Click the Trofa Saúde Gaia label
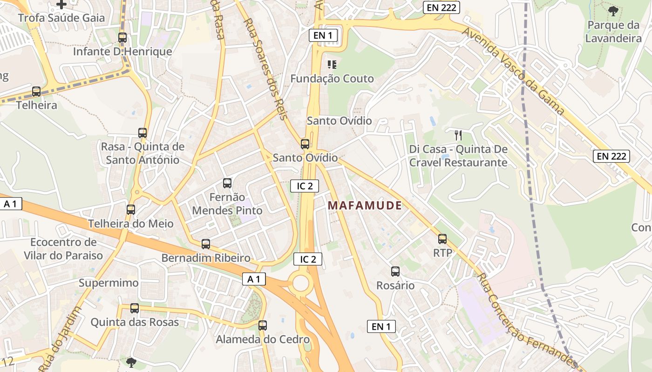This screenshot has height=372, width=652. (61, 18)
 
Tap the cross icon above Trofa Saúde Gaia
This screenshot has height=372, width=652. (61, 5)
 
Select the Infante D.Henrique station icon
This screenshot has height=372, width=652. (122, 38)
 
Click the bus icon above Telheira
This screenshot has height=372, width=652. (36, 92)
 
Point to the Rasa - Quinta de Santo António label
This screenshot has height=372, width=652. (143, 153)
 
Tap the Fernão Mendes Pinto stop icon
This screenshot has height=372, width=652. (227, 183)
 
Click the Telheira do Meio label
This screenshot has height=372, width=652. (131, 224)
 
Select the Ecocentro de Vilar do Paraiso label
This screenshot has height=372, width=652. (63, 249)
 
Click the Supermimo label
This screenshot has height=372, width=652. (109, 283)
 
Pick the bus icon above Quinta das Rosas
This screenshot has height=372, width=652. (135, 308)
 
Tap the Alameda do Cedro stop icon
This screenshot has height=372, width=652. (263, 325)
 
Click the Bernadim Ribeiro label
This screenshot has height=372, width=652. (205, 258)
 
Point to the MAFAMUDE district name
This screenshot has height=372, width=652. (365, 205)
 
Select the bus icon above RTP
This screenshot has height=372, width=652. (442, 239)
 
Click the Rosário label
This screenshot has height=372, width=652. (395, 286)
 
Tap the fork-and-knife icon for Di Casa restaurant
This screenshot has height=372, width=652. (458, 135)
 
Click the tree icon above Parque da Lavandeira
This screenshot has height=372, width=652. (613, 11)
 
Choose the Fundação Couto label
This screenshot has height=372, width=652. (332, 79)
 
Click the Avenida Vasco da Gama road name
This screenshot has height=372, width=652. (513, 71)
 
